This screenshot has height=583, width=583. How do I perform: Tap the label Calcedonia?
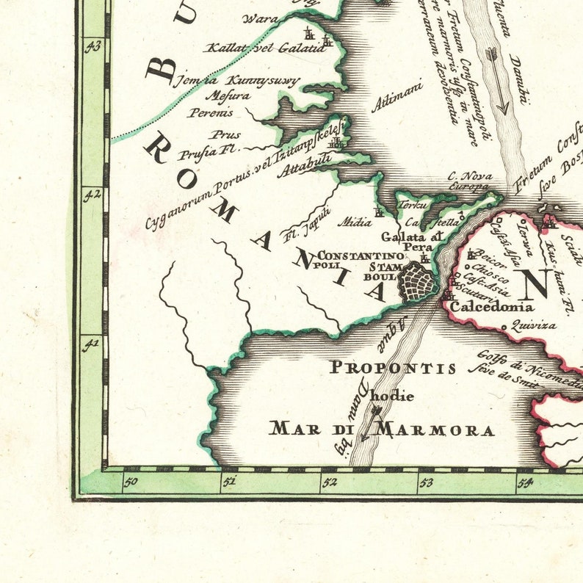point(491,308)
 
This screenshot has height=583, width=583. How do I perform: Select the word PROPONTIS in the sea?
point(392,367)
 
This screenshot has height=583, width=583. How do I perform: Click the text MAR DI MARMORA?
point(381,429)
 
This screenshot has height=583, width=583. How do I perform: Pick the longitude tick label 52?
point(328,482)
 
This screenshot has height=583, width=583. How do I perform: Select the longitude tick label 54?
point(524,482)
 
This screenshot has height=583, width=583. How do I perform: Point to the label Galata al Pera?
point(412,242)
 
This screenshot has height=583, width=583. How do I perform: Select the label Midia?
point(354,221)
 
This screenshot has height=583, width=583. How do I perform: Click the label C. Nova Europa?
point(468,181)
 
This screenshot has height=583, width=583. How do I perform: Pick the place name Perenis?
point(211,113)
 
